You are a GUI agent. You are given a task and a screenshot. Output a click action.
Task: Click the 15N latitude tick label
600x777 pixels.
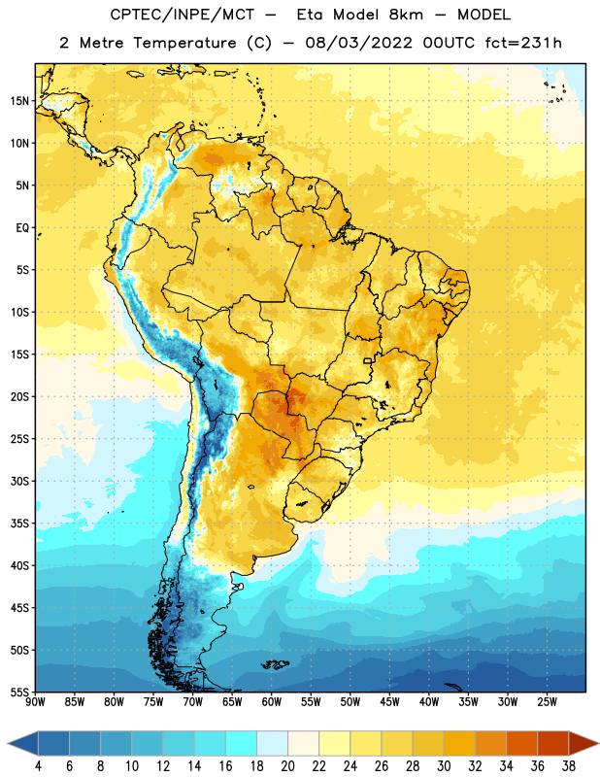tap(19, 101)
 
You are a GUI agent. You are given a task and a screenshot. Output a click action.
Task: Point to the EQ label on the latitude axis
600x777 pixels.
tap(22, 228)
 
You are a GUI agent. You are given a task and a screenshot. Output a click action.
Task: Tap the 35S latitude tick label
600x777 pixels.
tap(19, 524)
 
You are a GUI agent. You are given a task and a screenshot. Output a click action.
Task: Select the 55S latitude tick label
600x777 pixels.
tap(19, 692)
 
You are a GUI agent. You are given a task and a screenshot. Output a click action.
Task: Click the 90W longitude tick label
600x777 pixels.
tap(35, 701)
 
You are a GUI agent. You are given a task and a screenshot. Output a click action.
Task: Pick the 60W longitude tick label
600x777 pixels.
tap(272, 701)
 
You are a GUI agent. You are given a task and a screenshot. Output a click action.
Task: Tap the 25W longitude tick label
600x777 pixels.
tap(547, 701)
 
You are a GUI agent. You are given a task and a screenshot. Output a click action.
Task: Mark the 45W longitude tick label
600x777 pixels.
tap(389, 701)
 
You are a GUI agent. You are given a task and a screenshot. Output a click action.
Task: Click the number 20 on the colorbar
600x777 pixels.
tap(287, 766)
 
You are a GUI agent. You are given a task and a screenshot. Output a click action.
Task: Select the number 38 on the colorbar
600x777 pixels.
tap(569, 766)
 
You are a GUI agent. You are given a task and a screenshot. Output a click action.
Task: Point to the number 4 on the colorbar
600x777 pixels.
tap(38, 766)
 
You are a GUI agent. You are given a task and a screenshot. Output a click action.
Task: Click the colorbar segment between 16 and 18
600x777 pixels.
tap(242, 744)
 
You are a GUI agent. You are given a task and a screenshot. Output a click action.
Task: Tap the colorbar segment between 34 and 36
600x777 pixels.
tap(522, 744)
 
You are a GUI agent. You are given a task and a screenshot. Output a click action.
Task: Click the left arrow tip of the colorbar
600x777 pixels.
tap(8, 744)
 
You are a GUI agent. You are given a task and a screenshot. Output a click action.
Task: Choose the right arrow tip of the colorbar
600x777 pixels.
tap(598, 744)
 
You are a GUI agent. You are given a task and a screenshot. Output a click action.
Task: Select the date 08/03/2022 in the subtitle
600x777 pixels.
tap(358, 43)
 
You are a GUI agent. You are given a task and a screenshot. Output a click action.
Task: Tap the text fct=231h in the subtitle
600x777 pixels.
tap(523, 43)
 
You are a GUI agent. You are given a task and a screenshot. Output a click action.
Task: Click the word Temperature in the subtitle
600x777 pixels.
tap(184, 43)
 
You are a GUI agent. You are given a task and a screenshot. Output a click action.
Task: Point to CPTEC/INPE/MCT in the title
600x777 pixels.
tap(182, 15)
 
